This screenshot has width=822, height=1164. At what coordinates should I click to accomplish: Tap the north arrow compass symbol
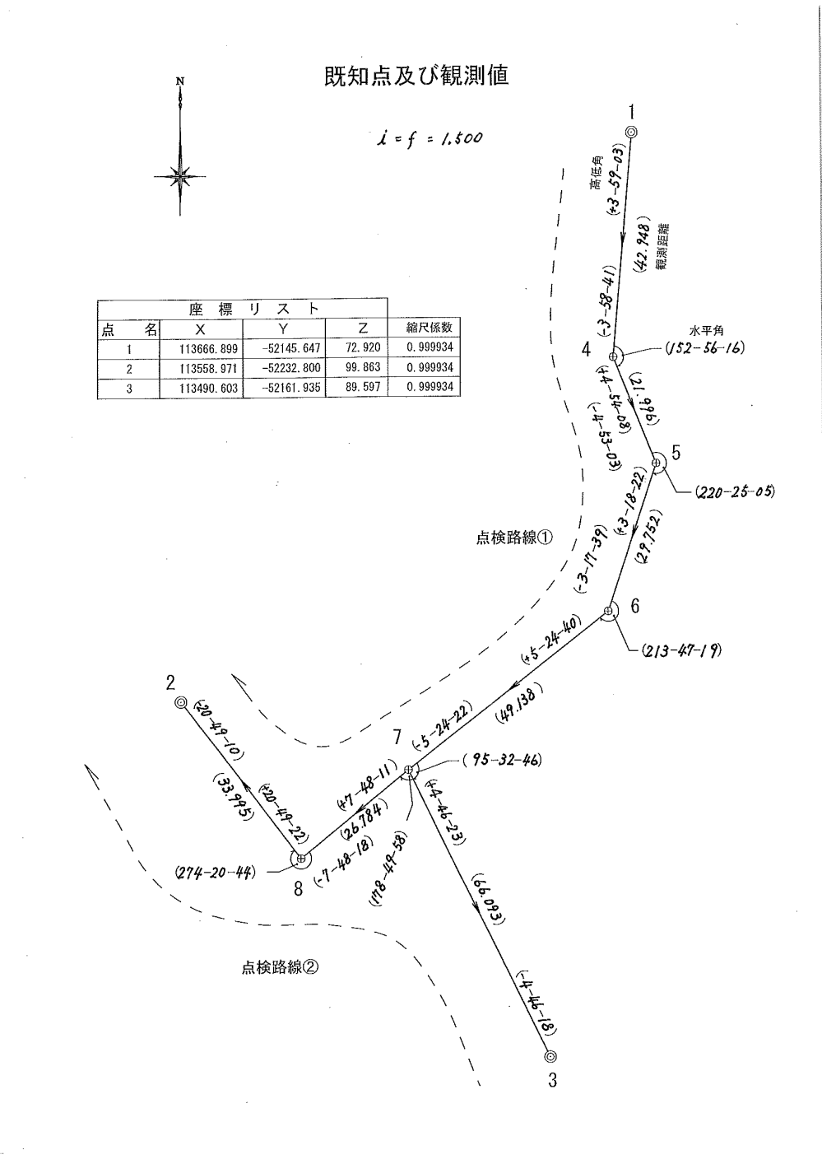[179, 175]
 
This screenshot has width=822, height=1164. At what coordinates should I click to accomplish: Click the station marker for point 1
[631, 132]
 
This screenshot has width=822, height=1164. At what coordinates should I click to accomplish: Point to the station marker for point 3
[550, 1056]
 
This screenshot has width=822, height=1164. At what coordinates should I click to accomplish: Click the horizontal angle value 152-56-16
[704, 348]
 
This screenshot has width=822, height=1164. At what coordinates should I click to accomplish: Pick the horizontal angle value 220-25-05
[735, 492]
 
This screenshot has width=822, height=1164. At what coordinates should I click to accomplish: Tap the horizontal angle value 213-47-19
[680, 651]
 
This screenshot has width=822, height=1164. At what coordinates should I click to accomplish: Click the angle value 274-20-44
[214, 872]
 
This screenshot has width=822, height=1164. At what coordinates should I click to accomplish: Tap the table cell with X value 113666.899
[202, 349]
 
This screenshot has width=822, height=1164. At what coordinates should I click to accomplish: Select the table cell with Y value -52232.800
[285, 368]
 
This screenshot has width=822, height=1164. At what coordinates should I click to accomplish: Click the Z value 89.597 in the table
[362, 388]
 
